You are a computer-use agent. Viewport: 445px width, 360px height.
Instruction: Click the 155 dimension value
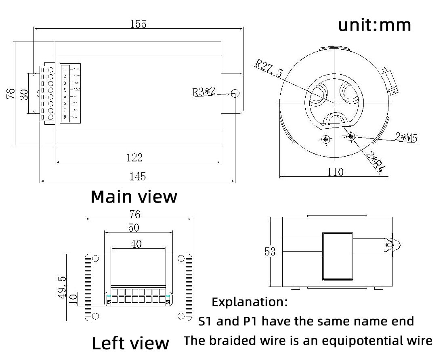coord(138,24)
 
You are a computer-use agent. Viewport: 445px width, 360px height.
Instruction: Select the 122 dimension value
coord(134,157)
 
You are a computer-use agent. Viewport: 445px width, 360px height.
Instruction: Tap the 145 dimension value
coord(138,177)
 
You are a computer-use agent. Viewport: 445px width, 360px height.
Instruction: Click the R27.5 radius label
coord(269,69)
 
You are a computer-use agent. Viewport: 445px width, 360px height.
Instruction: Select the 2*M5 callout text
coord(406,137)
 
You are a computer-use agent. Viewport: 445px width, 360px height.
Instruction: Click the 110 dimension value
coord(335,172)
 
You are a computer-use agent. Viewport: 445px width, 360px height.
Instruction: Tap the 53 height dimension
coord(270,252)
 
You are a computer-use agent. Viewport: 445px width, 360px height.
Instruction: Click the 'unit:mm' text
coord(374,25)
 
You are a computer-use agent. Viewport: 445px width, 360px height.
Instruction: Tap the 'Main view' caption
coord(134,197)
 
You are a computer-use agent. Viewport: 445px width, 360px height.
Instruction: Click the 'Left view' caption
coord(131,343)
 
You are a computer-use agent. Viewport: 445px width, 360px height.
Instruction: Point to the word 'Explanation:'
coord(250,301)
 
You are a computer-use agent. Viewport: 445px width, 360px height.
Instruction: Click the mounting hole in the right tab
coord(235,94)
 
